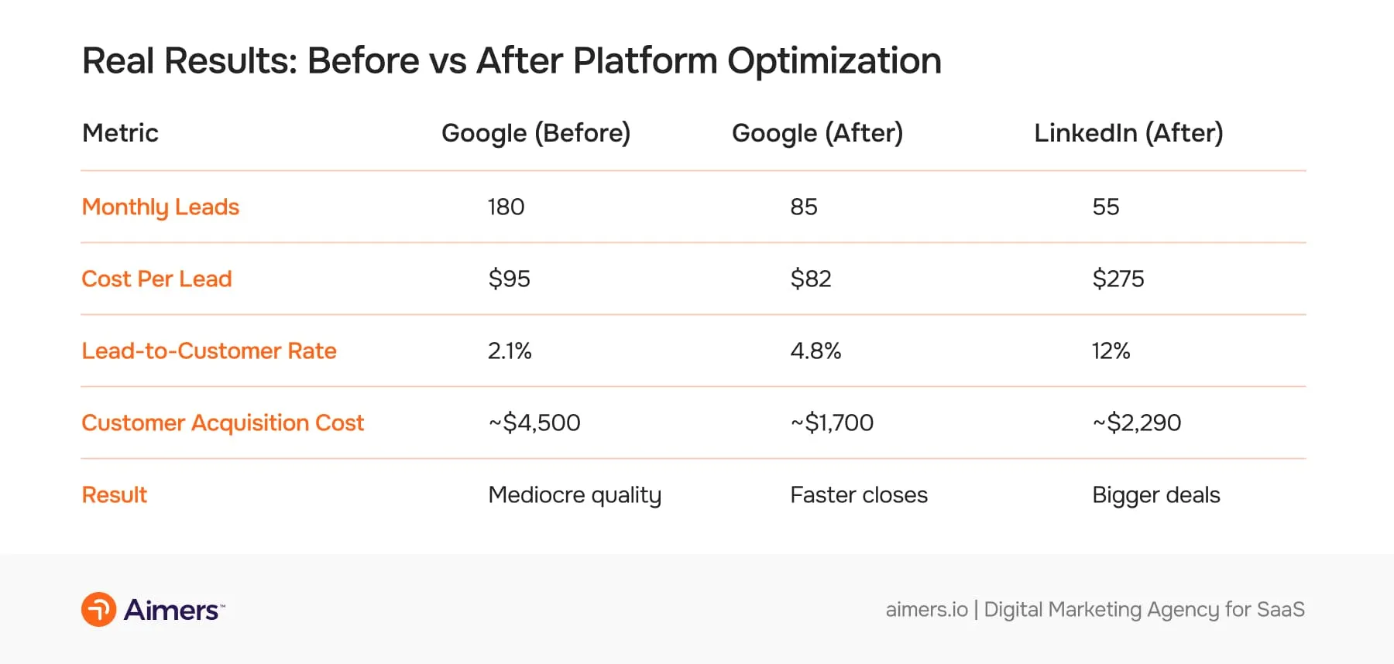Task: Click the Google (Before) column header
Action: tap(536, 133)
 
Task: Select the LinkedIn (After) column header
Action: tap(1128, 133)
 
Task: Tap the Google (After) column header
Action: tap(817, 133)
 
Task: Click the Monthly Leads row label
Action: tap(160, 207)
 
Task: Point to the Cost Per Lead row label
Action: tap(156, 279)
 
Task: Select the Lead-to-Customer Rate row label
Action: tap(209, 351)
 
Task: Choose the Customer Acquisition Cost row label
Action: tap(222, 423)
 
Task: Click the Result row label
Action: tap(115, 495)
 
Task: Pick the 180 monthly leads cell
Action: tap(506, 207)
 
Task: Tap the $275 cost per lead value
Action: tap(1118, 279)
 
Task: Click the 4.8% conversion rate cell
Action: tap(815, 351)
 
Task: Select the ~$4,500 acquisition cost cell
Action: tap(534, 423)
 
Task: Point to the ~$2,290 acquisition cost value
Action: tap(1137, 423)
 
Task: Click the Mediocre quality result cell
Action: tap(575, 495)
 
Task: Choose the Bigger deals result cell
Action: tap(1155, 495)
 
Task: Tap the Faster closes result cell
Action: tap(859, 495)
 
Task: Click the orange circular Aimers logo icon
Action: tap(99, 610)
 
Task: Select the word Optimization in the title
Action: tap(834, 61)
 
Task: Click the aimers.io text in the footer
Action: tap(926, 610)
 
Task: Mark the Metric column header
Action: tap(120, 133)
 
